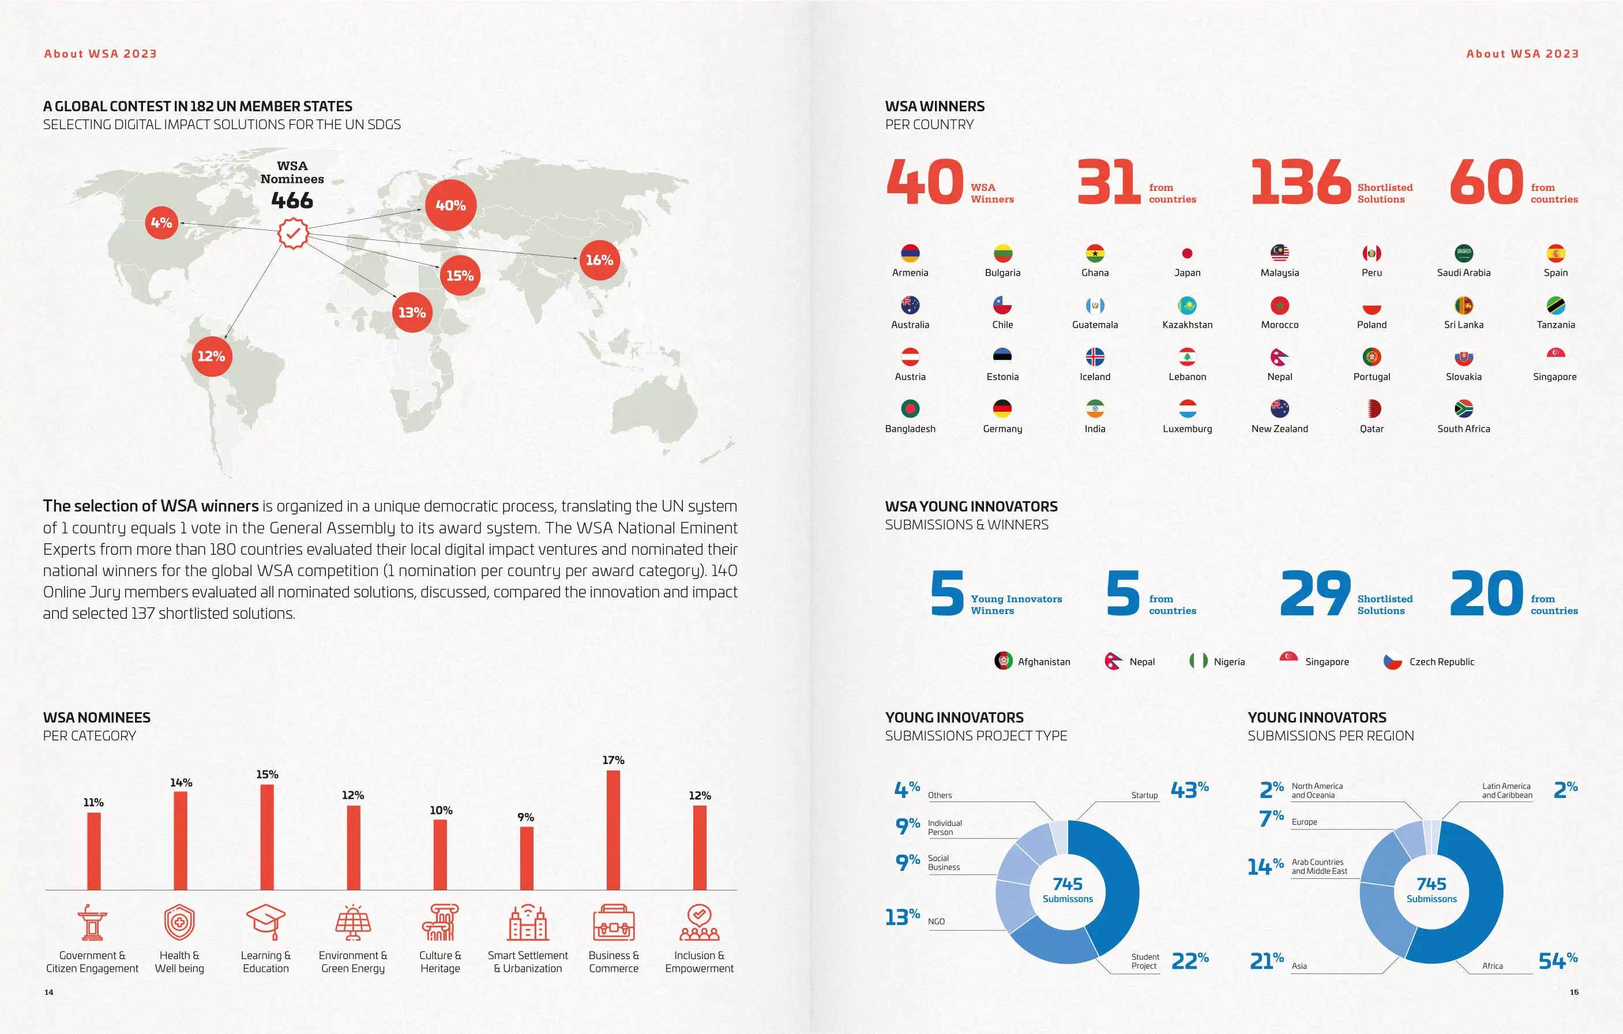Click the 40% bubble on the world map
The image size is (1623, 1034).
tap(450, 205)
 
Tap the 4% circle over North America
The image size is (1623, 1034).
tap(161, 223)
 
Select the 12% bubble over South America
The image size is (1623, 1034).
tap(212, 356)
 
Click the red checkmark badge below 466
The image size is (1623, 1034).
tap(293, 234)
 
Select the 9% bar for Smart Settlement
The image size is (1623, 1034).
tap(527, 858)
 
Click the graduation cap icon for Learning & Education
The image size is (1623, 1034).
tap(265, 922)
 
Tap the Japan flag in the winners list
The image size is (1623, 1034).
tap(1187, 253)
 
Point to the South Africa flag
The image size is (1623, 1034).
tap(1463, 408)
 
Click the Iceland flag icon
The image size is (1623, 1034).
tap(1095, 356)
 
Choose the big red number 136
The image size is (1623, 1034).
tap(1300, 182)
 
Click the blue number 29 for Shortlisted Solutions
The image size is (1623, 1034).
tap(1315, 593)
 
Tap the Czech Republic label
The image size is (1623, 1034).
tap(1442, 662)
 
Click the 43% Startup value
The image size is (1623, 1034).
tap(1190, 789)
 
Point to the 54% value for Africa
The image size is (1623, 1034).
tap(1558, 961)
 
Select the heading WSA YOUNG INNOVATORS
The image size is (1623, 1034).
tap(971, 506)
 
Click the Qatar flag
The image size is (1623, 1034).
tap(1372, 408)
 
